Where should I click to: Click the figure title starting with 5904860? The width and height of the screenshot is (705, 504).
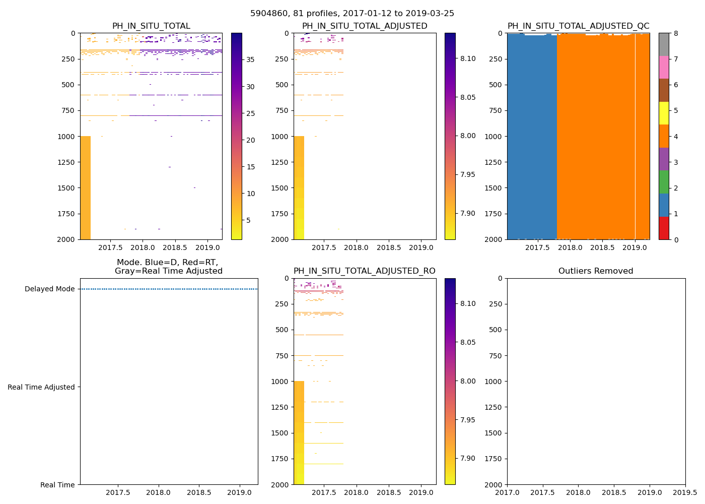[x=352, y=14]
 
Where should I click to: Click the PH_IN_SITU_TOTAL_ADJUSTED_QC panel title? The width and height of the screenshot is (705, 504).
[x=578, y=26]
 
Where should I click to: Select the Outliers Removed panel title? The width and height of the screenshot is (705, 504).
[x=596, y=271]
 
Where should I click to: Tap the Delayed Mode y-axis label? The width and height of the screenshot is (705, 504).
[x=50, y=289]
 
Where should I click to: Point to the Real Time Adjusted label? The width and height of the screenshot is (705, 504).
[x=41, y=387]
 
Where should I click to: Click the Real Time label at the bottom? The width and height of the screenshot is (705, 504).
[x=57, y=485]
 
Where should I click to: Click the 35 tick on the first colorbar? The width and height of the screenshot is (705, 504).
[x=250, y=59]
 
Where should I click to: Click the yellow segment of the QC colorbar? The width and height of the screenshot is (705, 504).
[x=664, y=113]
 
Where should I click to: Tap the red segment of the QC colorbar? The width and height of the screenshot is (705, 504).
[x=664, y=228]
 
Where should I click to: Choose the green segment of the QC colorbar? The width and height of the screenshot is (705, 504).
[x=664, y=182]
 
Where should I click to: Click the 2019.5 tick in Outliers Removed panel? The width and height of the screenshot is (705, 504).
[x=685, y=492]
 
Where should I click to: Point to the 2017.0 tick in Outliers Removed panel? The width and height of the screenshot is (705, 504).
[x=507, y=492]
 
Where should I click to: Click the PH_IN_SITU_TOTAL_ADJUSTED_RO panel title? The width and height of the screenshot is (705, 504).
[x=365, y=271]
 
